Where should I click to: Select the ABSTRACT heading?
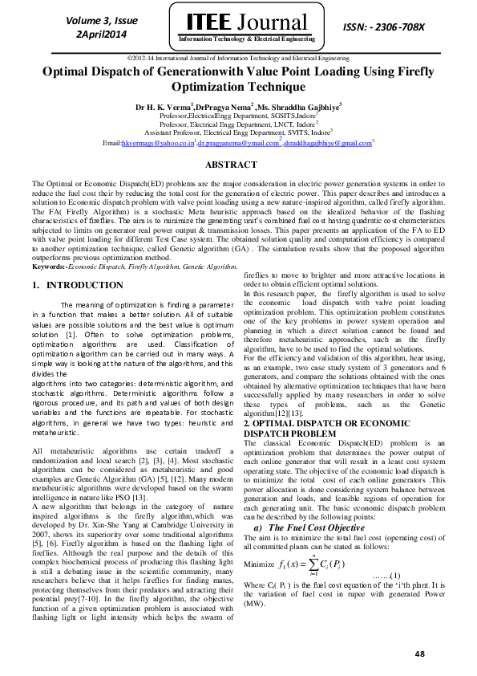click(238, 165)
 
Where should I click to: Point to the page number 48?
click(419, 655)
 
